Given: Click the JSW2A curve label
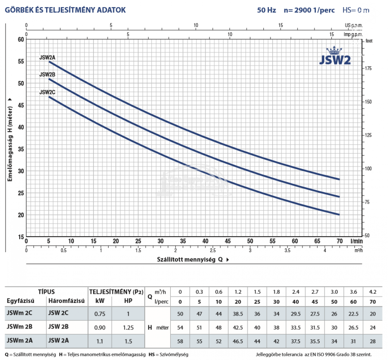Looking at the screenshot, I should click(x=47, y=57).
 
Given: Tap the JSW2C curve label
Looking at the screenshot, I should click(x=47, y=92).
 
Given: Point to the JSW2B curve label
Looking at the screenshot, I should click(x=47, y=75).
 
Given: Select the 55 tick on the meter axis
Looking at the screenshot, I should click(x=21, y=62).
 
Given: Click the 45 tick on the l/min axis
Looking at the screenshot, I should click(x=228, y=241).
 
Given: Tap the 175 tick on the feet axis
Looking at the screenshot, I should click(x=368, y=68).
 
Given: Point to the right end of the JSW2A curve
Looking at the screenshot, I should click(x=339, y=179).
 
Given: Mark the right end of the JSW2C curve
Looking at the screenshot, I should click(x=339, y=215).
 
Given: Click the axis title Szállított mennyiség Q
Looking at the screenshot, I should click(x=190, y=259).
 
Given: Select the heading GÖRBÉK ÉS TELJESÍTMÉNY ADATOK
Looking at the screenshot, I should click(x=65, y=10).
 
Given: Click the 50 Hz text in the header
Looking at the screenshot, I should click(x=266, y=10).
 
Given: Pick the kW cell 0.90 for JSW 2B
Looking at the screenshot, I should click(x=100, y=328).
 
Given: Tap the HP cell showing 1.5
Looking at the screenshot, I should click(x=128, y=341).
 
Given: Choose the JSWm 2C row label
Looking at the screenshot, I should click(x=19, y=313).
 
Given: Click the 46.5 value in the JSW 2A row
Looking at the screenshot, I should click(x=238, y=341).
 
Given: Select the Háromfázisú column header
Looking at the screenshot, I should click(x=66, y=301).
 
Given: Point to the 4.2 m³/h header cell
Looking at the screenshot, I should click(x=372, y=292).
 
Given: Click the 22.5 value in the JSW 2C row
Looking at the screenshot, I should click(x=353, y=314).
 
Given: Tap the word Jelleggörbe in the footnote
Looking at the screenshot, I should click(x=269, y=355).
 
